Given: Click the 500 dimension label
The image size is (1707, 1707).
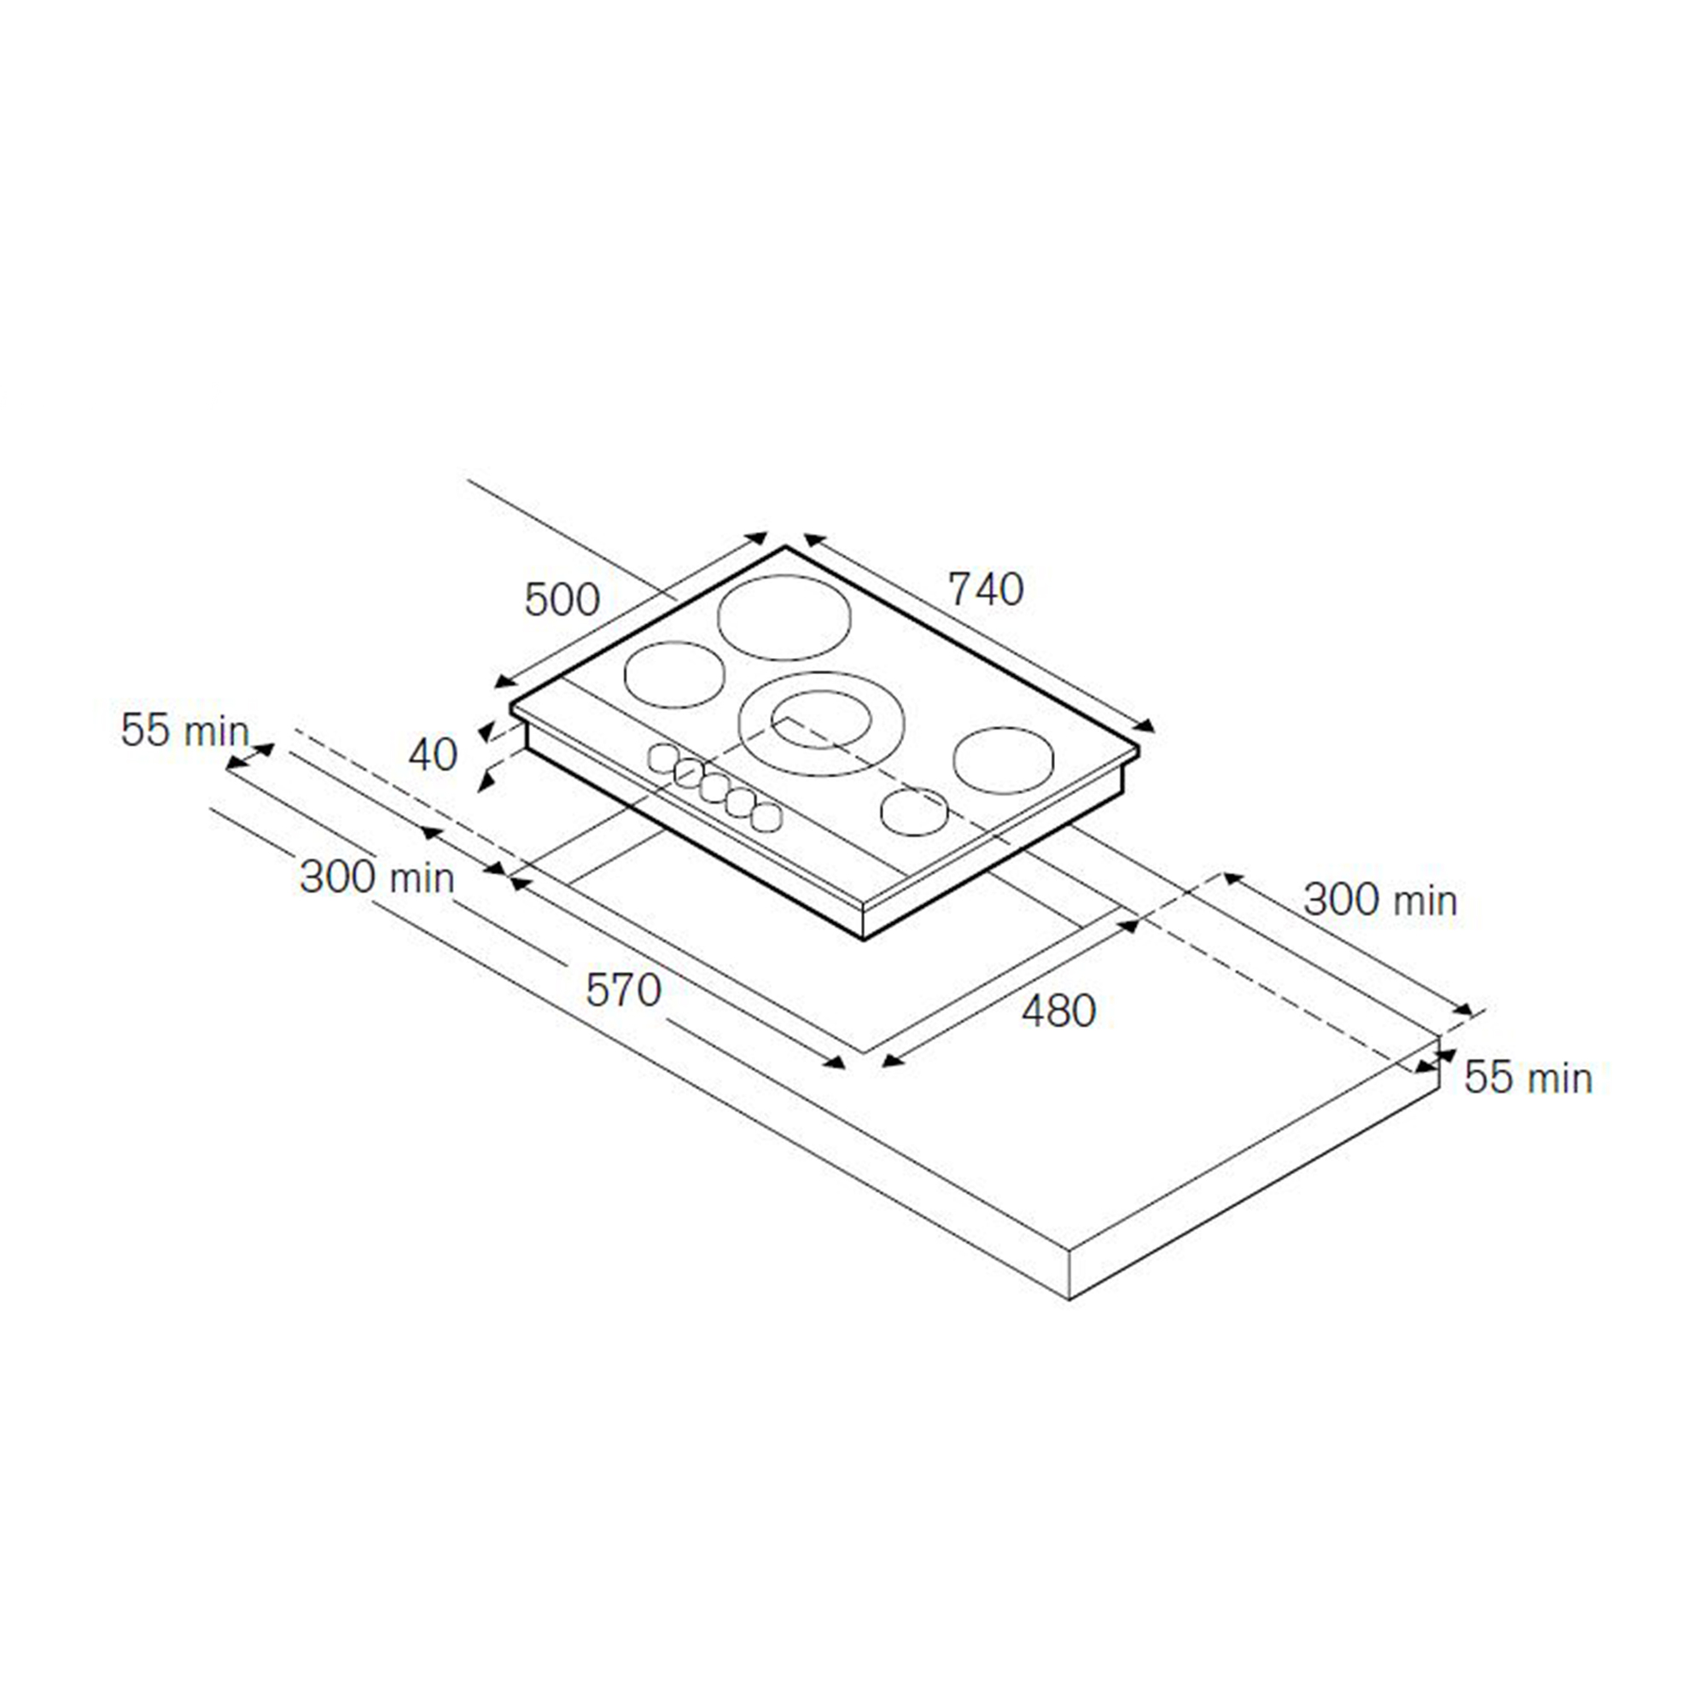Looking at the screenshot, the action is click(x=562, y=600).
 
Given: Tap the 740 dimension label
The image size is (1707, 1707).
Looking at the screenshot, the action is click(x=986, y=589).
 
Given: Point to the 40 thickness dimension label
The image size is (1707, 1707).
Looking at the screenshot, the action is click(x=433, y=754).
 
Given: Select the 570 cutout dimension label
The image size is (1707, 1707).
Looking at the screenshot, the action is click(x=623, y=990).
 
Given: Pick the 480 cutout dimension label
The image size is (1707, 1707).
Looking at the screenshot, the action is click(x=1058, y=1010).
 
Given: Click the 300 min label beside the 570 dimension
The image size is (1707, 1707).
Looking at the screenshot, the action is click(x=377, y=877).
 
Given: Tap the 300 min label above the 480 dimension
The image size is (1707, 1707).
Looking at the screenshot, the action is click(x=1380, y=900).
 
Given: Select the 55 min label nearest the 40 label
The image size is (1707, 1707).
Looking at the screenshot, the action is click(x=184, y=731).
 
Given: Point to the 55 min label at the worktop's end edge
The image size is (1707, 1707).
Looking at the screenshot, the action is click(x=1528, y=1078).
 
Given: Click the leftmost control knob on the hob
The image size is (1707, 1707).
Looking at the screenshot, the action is click(x=662, y=758).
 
